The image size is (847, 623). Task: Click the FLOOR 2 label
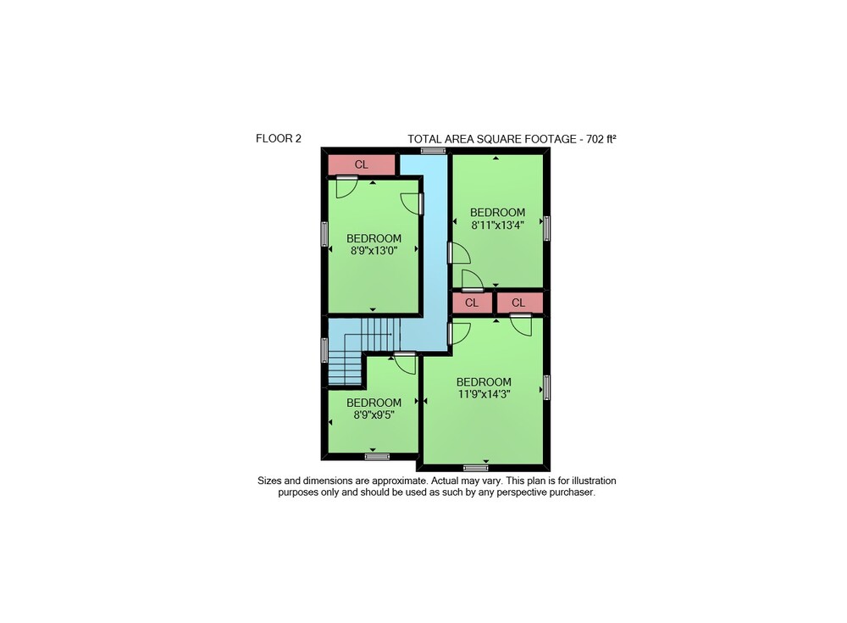point(278,138)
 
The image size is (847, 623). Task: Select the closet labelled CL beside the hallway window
point(362,164)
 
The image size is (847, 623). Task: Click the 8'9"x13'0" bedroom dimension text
point(374,250)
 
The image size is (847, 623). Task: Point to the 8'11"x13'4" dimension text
point(497,225)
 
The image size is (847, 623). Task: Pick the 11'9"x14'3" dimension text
point(484,394)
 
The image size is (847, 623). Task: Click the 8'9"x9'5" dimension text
point(374,414)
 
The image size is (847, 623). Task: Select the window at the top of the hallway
point(433,151)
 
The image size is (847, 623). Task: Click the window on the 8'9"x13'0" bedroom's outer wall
point(324,234)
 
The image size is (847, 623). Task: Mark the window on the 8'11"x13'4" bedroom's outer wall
point(546,228)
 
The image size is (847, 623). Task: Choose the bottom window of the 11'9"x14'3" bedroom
point(476,468)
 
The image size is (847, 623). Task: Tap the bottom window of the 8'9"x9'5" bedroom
point(377,457)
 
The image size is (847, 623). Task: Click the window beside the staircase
point(324,350)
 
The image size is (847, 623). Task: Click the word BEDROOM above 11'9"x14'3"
point(484,381)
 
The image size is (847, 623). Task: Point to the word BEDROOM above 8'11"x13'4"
point(497,213)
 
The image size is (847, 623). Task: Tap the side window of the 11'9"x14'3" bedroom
point(546,387)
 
